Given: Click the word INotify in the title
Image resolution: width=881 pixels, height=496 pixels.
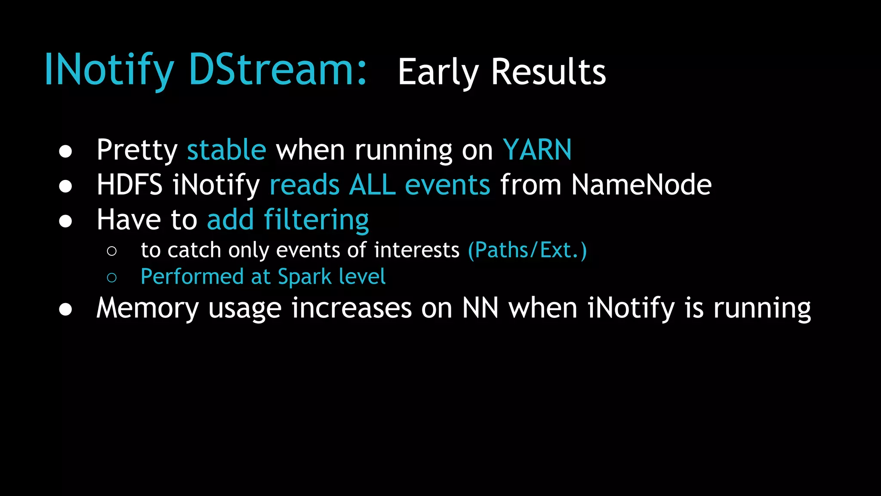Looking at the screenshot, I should pyautogui.click(x=109, y=70).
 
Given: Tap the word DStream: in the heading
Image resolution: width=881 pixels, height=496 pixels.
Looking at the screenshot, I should pyautogui.click(x=277, y=70).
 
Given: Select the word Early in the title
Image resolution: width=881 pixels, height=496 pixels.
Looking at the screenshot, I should pyautogui.click(x=437, y=72).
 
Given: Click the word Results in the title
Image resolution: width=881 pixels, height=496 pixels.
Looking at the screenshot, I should pyautogui.click(x=548, y=72).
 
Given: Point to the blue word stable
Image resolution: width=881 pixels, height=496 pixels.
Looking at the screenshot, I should pyautogui.click(x=226, y=150).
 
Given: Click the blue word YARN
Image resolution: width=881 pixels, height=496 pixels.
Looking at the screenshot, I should pyautogui.click(x=537, y=150).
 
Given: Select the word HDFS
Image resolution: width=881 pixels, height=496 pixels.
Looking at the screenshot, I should pyautogui.click(x=129, y=185).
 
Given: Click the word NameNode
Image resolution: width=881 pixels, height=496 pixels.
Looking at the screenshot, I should pyautogui.click(x=641, y=185).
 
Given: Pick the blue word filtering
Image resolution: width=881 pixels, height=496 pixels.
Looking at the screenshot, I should pyautogui.click(x=316, y=220).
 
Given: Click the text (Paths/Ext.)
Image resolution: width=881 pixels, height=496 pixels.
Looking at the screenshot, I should pyautogui.click(x=527, y=250).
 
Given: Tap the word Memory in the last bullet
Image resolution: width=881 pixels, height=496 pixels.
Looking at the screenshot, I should pyautogui.click(x=147, y=308).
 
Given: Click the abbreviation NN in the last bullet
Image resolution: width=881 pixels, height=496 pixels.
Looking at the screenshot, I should pyautogui.click(x=480, y=308).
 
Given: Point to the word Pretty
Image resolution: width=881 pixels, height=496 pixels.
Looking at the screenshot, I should pyautogui.click(x=137, y=150).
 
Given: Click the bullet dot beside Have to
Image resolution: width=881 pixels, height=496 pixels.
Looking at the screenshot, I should pyautogui.click(x=65, y=221).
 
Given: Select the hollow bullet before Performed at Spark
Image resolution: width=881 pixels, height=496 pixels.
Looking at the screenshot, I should pyautogui.click(x=112, y=278).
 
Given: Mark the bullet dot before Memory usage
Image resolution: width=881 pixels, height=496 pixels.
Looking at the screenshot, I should pyautogui.click(x=65, y=310).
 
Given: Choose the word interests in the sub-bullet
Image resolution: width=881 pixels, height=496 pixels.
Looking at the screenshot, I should pyautogui.click(x=416, y=250).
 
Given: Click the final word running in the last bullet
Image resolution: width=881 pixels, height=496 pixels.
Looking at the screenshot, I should pyautogui.click(x=762, y=308).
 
